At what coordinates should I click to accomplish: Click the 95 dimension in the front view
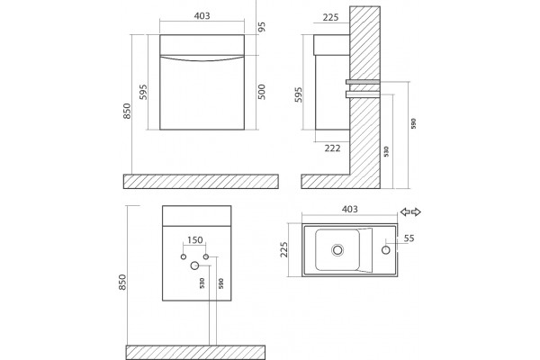(x=262, y=27)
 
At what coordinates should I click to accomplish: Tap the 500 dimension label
(x=262, y=92)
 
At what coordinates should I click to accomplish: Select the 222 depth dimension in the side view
(x=332, y=148)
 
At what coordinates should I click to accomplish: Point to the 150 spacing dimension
(x=195, y=239)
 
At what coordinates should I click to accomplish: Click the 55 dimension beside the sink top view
(x=409, y=238)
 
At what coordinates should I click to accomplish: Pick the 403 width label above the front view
(x=202, y=16)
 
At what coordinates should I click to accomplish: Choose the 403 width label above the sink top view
(x=350, y=209)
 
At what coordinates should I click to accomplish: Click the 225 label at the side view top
(x=330, y=17)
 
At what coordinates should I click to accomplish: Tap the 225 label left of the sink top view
(x=284, y=249)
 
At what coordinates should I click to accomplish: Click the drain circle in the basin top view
(x=337, y=250)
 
